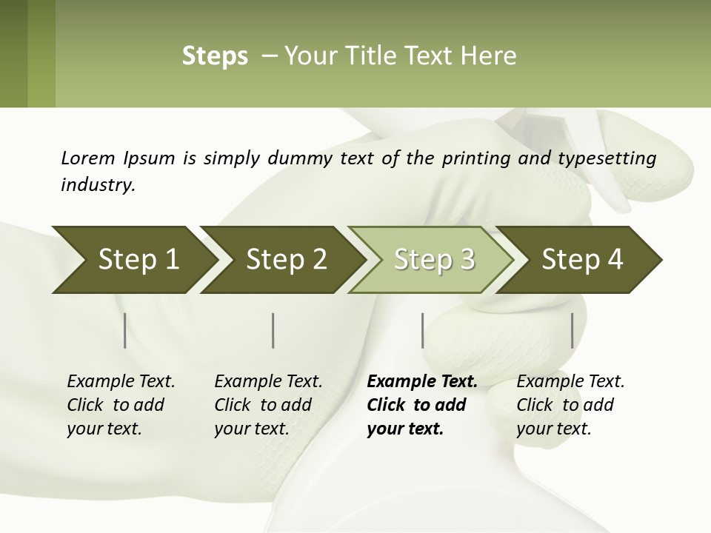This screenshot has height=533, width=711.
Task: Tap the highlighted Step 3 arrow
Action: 434,259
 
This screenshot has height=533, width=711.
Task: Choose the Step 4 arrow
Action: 582,259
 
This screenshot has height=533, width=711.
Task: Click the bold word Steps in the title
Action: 215,56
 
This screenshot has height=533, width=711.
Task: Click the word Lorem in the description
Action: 87,158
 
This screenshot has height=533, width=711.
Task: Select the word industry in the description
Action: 97,184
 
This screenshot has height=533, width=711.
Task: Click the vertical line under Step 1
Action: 125,330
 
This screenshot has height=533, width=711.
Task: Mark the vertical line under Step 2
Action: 273,330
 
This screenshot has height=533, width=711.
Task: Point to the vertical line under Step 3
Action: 422,330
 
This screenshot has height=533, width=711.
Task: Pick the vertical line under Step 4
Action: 572,330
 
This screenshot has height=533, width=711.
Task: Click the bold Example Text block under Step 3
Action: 421,405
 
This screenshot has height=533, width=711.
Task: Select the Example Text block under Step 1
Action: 121,405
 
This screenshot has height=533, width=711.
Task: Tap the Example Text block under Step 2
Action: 268,405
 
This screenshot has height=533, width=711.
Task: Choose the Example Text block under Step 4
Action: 570,405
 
